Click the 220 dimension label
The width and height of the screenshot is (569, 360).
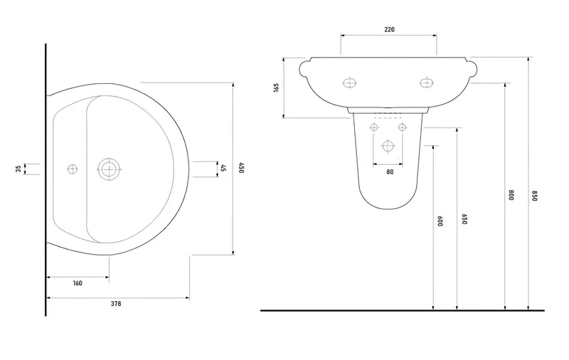coord(389,29)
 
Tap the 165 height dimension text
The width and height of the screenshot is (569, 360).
coord(277,88)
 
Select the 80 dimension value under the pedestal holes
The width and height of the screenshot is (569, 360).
coord(390,172)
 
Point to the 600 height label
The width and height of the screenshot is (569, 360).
coord(440,221)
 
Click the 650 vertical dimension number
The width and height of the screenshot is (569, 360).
coord(464,219)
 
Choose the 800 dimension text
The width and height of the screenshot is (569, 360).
coord(511,195)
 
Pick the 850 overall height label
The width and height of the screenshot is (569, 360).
coord(534,196)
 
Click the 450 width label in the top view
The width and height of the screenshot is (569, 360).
coord(242,168)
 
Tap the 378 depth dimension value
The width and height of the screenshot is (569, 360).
coord(116,304)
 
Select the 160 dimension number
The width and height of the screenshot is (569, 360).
coord(78,283)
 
